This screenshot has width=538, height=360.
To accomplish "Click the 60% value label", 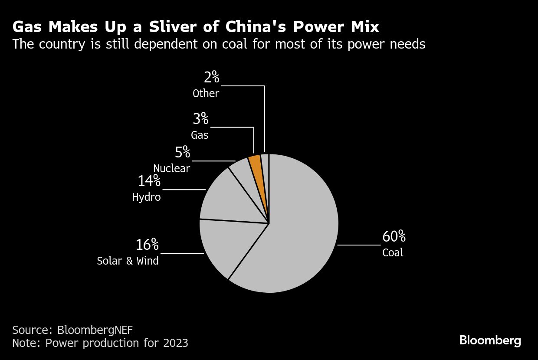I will [394, 237].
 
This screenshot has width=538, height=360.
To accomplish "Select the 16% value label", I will [147, 245].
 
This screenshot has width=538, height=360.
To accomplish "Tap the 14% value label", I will [149, 181].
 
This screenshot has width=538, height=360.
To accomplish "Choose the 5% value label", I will [183, 152].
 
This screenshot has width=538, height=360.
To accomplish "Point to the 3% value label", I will [200, 119].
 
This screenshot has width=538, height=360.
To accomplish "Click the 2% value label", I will [211, 78].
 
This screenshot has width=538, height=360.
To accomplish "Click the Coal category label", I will [393, 252].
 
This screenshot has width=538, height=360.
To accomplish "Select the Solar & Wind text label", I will [128, 261].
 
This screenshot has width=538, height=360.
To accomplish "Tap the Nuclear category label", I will [171, 168].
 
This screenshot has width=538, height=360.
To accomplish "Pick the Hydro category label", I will [146, 197].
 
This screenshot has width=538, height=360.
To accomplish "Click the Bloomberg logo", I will [490, 340].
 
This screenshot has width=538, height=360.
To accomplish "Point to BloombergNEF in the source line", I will [95, 330].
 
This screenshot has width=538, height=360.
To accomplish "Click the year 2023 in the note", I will [176, 343].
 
